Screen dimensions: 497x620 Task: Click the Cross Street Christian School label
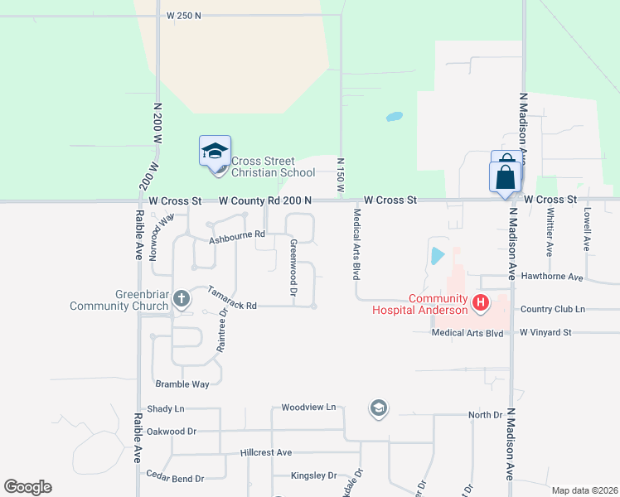tap(273, 166)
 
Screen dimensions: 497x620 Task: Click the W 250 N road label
tap(184, 16)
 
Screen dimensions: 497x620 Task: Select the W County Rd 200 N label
tap(265, 200)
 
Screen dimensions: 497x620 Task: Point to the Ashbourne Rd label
tap(235, 239)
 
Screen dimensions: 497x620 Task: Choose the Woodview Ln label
tap(308, 408)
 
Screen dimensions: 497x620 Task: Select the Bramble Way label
tap(182, 384)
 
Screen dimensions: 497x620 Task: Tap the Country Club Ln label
tap(552, 309)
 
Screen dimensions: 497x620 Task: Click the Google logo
tap(27, 487)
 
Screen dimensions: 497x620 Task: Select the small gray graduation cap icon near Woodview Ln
tap(379, 407)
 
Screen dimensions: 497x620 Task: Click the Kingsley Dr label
tap(313, 476)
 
